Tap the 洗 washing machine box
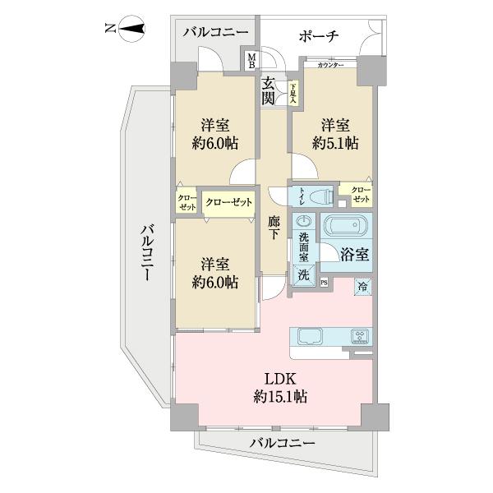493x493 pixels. tap(304, 275)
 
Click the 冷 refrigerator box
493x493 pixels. tap(362, 286)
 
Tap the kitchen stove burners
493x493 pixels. tap(359, 335)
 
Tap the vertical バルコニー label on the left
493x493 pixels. tap(145, 251)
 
